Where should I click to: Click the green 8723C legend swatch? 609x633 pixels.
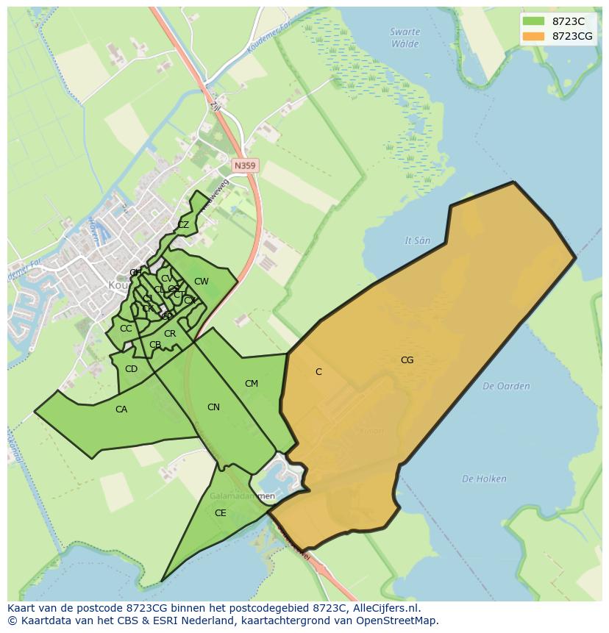coord(533,21)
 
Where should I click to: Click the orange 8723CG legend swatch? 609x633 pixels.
coord(533,36)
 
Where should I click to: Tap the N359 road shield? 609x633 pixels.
coord(244,166)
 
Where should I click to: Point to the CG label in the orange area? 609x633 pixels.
coord(407,360)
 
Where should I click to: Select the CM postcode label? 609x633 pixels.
coord(252,384)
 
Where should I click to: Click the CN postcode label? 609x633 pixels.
coord(213,407)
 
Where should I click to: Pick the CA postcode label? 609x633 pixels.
coord(121,410)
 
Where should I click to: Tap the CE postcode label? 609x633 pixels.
coord(221,513)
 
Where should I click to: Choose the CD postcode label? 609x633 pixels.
coord(131,369)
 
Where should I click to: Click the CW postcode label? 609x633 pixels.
coord(201,282)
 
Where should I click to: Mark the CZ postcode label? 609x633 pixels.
coord(183,225)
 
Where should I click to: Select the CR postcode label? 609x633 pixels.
coord(170,334)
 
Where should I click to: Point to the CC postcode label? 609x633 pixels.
coord(126,329)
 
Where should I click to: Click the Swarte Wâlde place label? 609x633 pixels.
coord(405,38)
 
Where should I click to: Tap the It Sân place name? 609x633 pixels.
coord(418,240)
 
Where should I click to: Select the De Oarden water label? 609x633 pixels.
coord(506,386)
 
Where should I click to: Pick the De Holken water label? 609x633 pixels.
coord(484,479)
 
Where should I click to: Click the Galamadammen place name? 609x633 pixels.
coord(243,496)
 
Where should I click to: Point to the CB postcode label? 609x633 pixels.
coord(155,345)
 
